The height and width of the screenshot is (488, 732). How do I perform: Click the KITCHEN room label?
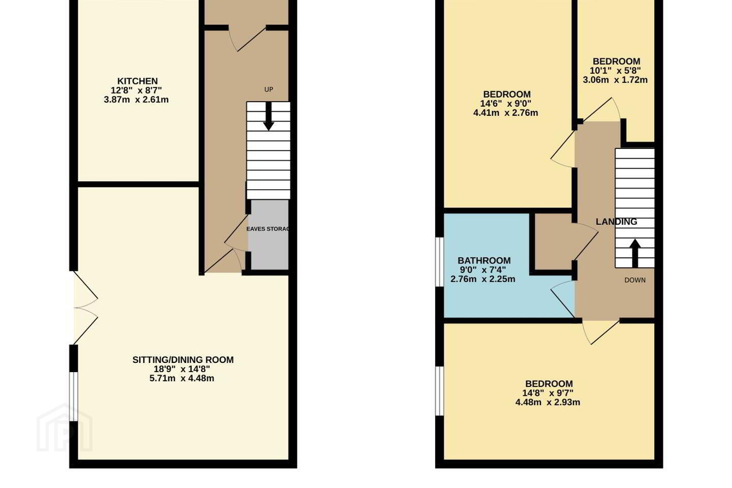click(138, 81)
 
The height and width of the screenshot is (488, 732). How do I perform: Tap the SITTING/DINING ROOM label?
click(183, 359)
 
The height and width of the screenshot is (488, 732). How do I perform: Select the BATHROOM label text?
click(484, 260)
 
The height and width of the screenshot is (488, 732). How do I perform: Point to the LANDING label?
click(616, 222)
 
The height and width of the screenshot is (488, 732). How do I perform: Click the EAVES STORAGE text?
click(268, 229)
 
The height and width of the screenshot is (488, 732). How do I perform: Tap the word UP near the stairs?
click(268, 89)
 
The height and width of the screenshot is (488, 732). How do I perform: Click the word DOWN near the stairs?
click(635, 280)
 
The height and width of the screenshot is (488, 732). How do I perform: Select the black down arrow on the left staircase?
click(268, 116)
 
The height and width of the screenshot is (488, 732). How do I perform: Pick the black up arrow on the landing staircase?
click(635, 253)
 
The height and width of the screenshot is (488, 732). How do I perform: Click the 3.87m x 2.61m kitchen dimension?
click(136, 100)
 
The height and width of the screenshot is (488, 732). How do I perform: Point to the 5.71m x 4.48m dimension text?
click(181, 379)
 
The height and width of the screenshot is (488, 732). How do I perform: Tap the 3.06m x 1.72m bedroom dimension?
click(615, 80)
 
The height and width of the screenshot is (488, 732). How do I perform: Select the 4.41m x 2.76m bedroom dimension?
click(505, 113)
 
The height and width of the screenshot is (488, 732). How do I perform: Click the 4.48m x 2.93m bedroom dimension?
click(547, 403)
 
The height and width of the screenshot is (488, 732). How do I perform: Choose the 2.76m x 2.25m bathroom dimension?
click(483, 280)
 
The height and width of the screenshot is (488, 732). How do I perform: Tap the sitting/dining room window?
click(74, 396)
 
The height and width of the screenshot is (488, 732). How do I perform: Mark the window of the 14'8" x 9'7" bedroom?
click(440, 391)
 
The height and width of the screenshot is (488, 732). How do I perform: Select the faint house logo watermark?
click(65, 428)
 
